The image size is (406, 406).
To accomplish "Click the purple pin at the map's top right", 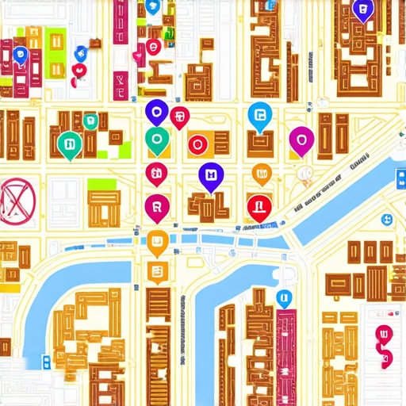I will [362, 12].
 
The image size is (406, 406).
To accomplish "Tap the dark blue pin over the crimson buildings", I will [21, 55].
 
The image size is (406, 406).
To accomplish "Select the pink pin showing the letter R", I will [157, 208].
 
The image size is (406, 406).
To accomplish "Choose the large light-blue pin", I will [259, 116].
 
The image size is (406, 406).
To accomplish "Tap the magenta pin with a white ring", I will [301, 140].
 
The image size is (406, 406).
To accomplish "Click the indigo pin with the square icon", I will [210, 176].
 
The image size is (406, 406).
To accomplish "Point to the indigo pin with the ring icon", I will [155, 112].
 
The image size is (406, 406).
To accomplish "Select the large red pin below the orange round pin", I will [259, 207].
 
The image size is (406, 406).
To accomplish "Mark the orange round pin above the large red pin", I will [261, 172].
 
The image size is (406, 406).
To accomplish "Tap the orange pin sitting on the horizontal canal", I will [158, 243].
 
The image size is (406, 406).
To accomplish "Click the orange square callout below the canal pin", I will [156, 273].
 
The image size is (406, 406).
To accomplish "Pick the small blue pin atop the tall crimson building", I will [283, 298].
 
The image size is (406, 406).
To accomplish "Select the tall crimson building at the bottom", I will [285, 357].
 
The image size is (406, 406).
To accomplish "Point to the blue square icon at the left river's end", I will [46, 361].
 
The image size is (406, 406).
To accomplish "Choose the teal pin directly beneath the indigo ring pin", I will [157, 141].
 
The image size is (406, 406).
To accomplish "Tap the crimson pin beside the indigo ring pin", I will [180, 117].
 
